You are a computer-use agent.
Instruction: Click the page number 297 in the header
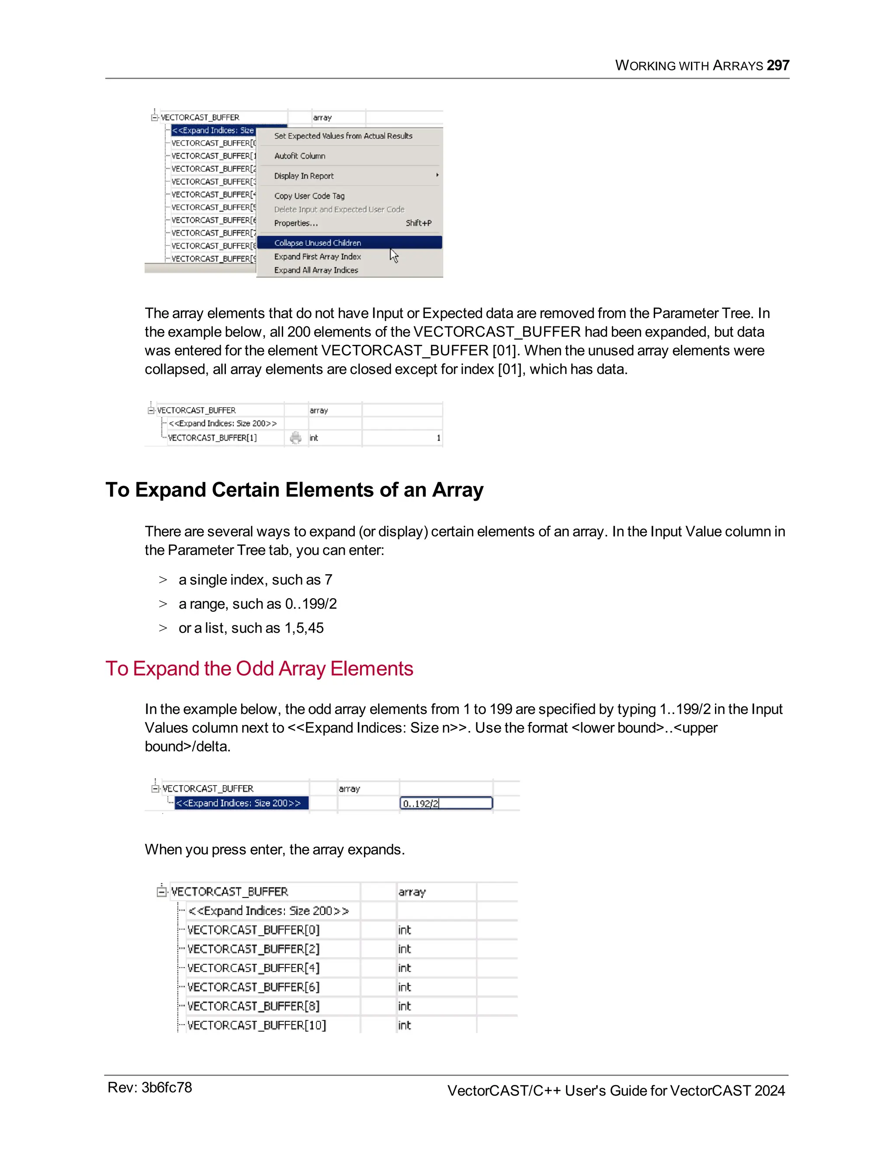[778, 65]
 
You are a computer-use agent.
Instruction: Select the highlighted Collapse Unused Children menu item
[317, 243]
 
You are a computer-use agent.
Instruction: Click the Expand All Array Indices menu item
[316, 270]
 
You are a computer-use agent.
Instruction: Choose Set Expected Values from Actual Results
[343, 136]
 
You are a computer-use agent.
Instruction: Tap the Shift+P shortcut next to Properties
[418, 223]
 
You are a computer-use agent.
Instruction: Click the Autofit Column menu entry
[299, 156]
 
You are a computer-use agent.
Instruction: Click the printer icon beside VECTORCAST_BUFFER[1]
[296, 437]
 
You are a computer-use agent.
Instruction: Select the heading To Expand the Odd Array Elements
[259, 669]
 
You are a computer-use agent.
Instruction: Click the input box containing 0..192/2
[445, 803]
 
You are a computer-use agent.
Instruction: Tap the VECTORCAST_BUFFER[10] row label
[257, 1026]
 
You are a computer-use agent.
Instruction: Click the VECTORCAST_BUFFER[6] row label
[253, 987]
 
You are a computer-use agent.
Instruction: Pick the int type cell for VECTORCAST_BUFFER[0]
[405, 930]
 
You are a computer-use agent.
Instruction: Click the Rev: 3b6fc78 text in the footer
[149, 1088]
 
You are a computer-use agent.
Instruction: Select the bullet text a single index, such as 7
[255, 579]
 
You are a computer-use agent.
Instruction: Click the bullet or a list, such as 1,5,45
[251, 628]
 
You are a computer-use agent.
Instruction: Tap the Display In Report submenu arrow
[437, 175]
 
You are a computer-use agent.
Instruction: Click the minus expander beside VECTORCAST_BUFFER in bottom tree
[162, 892]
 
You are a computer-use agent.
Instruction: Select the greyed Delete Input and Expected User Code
[339, 209]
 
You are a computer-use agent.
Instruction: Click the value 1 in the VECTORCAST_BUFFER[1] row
[438, 438]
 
